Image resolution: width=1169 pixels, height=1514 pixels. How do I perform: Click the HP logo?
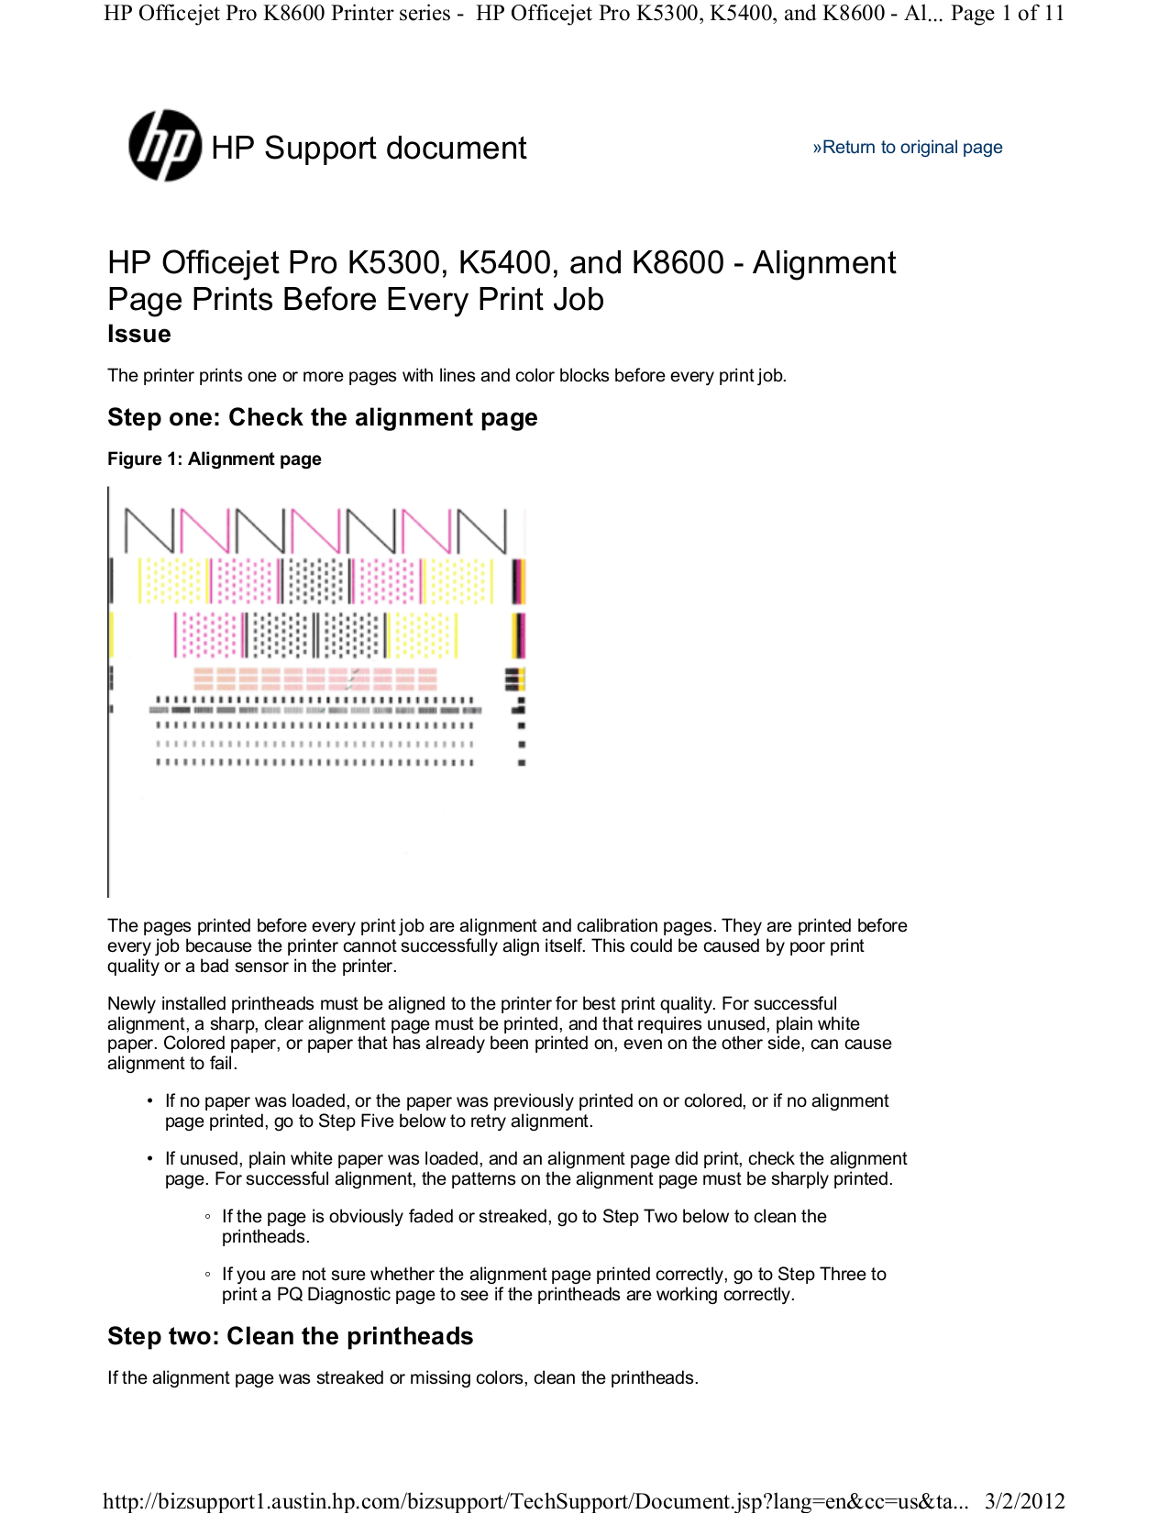tap(165, 146)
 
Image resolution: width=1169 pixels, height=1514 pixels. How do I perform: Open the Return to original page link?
tap(907, 148)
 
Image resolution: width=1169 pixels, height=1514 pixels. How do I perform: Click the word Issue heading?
tap(138, 334)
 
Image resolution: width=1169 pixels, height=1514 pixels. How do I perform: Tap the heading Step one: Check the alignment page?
tap(322, 417)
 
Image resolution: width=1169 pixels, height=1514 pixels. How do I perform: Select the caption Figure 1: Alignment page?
tap(214, 459)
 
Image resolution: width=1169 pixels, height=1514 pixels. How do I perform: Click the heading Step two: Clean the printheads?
tap(290, 1336)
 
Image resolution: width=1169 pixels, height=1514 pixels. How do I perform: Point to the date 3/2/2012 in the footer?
tap(1024, 1500)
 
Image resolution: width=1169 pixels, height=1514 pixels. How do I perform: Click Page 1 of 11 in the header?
tap(1007, 13)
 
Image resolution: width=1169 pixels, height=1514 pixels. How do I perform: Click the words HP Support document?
tap(369, 148)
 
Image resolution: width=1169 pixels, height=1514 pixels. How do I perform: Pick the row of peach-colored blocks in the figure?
tap(315, 679)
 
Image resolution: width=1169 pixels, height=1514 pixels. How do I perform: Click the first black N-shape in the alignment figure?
tap(149, 531)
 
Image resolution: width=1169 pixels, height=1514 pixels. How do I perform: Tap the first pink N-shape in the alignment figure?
tap(204, 531)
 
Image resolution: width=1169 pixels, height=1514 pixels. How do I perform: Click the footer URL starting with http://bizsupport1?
tap(535, 1500)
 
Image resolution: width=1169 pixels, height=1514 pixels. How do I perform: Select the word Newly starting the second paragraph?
tap(132, 1003)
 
